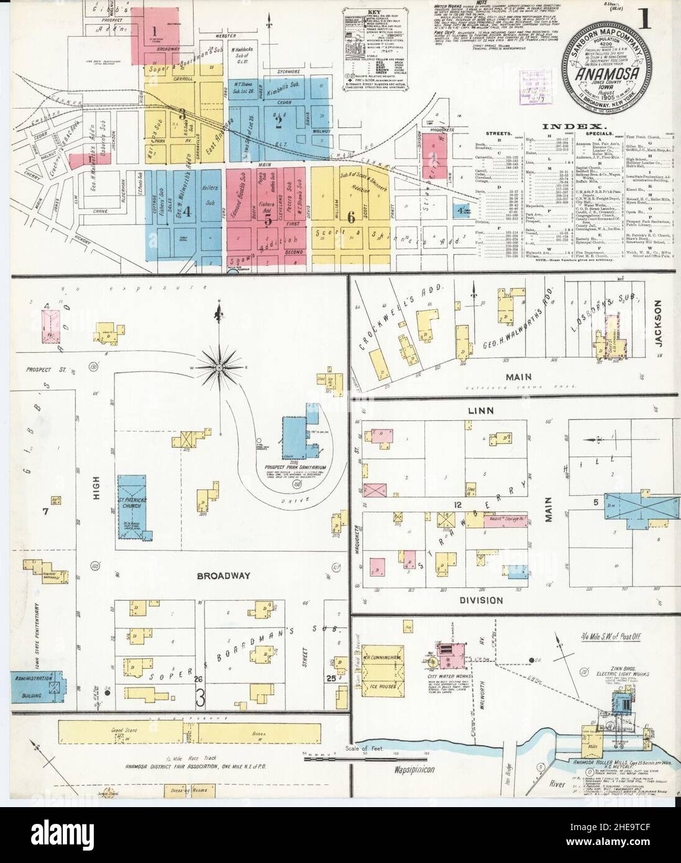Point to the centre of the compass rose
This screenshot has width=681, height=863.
219,368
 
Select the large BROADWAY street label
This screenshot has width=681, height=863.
222,576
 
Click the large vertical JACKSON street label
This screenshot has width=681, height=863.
659,322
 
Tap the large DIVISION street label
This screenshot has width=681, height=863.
480,600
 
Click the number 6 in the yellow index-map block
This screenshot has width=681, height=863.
351,217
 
